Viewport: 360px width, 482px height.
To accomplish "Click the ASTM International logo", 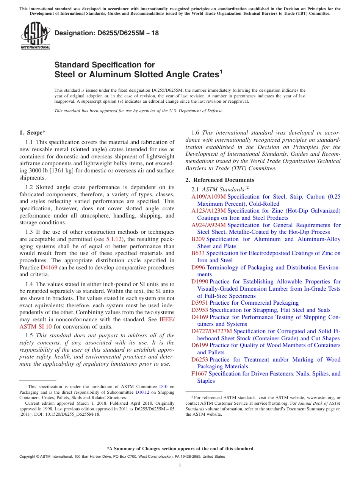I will pyautogui.click(x=35, y=37).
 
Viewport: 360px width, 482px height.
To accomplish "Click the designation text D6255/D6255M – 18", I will pyautogui.click(x=106, y=33).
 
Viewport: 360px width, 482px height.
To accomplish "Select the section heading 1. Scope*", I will pyautogui.click(x=32, y=133).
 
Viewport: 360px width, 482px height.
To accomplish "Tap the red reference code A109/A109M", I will pyautogui.click(x=208, y=197).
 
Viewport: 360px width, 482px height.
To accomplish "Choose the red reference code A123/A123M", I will pyautogui.click(x=208, y=211).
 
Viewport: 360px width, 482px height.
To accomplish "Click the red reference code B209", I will pyautogui.click(x=198, y=239).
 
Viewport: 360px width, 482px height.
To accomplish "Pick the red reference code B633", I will pyautogui.click(x=198, y=253).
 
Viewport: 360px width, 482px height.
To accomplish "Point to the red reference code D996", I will pyautogui.click(x=198, y=268).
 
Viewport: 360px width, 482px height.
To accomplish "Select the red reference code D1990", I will pyautogui.click(x=200, y=282).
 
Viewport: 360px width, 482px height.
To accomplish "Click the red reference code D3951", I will pyautogui.click(x=200, y=303).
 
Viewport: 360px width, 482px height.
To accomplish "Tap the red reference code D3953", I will pyautogui.click(x=200, y=310).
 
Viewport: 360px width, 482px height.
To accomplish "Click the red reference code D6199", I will pyautogui.click(x=200, y=345).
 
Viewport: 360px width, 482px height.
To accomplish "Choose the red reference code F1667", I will pyautogui.click(x=199, y=374).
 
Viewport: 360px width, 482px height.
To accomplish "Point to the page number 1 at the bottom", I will pyautogui.click(x=180, y=466).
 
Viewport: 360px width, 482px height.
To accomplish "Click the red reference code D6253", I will pyautogui.click(x=200, y=360).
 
